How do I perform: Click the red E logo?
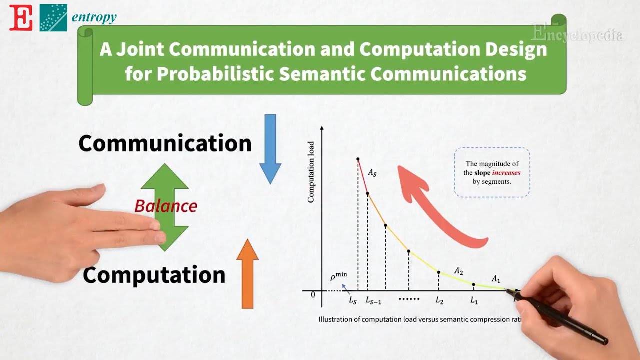(x=21, y=18)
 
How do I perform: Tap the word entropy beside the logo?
(x=94, y=17)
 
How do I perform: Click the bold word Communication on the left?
(x=165, y=143)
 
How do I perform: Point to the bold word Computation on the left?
(x=154, y=275)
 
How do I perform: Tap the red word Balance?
(x=166, y=206)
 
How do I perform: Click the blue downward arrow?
(x=270, y=148)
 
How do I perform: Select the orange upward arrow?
(x=247, y=274)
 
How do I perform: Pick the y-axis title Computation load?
(x=311, y=172)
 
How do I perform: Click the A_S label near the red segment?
(x=372, y=173)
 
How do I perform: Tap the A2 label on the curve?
(x=458, y=271)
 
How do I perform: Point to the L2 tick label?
(x=439, y=301)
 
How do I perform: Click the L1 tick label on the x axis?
(x=474, y=301)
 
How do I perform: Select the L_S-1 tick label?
(x=373, y=301)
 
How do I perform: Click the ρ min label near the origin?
(x=338, y=276)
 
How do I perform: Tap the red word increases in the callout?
(x=506, y=173)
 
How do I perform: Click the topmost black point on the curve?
(x=358, y=159)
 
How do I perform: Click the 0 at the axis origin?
(x=313, y=295)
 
